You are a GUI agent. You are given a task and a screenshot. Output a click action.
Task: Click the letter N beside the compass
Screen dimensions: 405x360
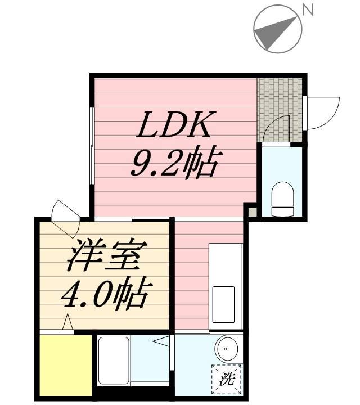click(307, 10)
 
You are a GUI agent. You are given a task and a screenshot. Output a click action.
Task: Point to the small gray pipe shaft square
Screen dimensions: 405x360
click(253, 213)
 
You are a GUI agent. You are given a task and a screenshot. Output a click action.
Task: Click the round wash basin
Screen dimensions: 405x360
click(226, 349)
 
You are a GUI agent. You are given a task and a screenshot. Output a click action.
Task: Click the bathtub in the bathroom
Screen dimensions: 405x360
click(114, 360)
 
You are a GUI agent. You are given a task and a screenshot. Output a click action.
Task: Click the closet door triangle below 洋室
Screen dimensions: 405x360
click(67, 323)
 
